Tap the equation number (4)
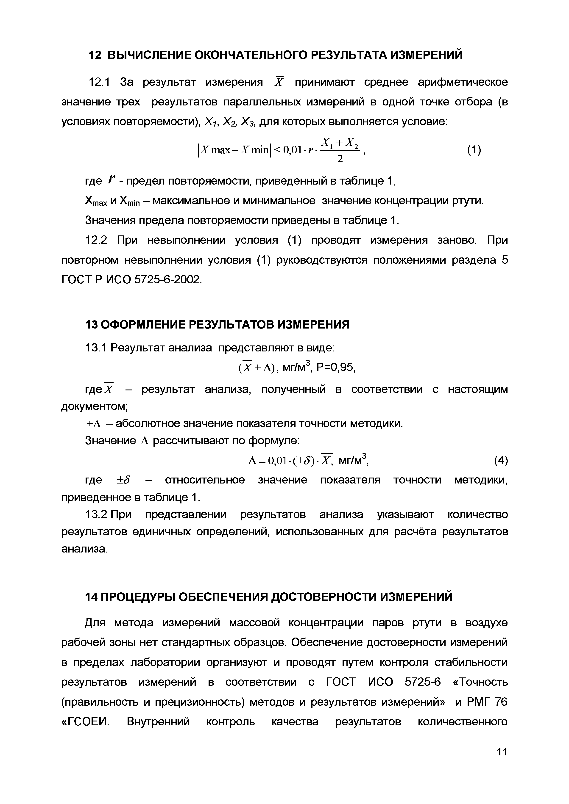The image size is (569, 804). coord(501,461)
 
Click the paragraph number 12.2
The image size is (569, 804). coord(96,240)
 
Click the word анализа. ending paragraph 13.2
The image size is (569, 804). coord(84,549)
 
